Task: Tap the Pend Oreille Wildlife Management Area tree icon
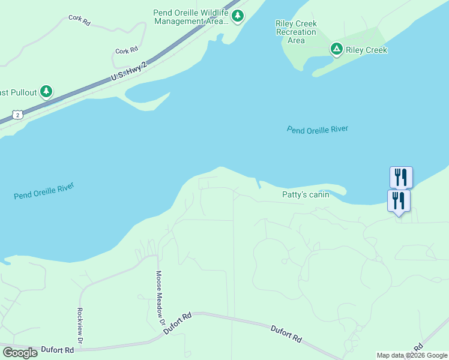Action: [x=238, y=16]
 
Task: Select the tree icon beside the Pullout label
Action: [x=46, y=92]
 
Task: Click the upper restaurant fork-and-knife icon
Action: [x=401, y=177]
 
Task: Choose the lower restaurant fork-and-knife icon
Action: [x=399, y=200]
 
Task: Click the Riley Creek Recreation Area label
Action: [x=296, y=32]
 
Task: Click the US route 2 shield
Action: [x=18, y=115]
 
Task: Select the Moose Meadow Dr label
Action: [x=160, y=294]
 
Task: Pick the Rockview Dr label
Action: [x=79, y=325]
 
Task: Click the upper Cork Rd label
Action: [x=79, y=19]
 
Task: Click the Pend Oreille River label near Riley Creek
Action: [x=318, y=129]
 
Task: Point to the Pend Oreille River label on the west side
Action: [x=44, y=192]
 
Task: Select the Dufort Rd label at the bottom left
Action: [x=58, y=350]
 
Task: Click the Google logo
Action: [x=20, y=353]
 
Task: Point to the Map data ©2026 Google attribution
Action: [x=411, y=355]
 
